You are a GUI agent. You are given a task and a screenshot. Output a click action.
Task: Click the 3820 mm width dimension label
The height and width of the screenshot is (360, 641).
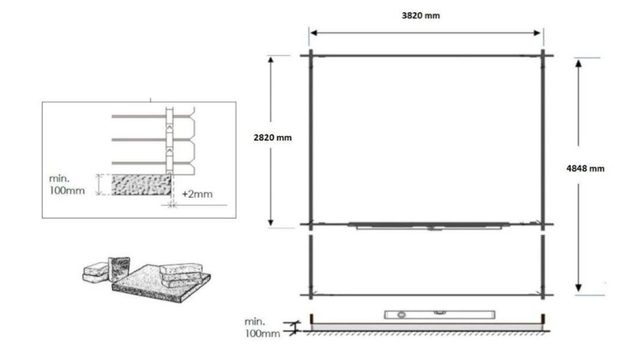pos(425,15)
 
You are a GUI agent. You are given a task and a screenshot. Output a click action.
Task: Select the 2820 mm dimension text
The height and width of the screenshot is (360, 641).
pos(273,137)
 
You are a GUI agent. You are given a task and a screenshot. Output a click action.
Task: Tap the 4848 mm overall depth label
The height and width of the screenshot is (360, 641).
pos(587,169)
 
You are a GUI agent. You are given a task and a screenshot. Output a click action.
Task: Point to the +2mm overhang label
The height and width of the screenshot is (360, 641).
pos(197,195)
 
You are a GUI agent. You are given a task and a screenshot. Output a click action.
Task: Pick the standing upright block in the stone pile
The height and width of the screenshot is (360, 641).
pos(119,266)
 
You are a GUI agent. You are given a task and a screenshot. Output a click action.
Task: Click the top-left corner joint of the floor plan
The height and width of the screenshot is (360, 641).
pos(309,55)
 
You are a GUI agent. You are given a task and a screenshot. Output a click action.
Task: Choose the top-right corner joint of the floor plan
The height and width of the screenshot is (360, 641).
pos(543,55)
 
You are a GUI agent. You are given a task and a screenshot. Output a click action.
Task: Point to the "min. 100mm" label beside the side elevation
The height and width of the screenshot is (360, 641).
pos(263,327)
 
